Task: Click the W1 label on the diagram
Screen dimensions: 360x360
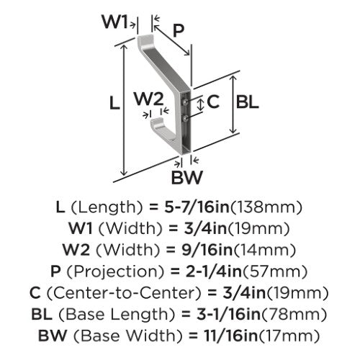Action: pyautogui.click(x=114, y=22)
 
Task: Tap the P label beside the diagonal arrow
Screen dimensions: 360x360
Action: pyautogui.click(x=179, y=30)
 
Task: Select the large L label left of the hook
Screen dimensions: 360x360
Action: pyautogui.click(x=114, y=104)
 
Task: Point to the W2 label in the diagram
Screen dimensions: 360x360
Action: pyautogui.click(x=149, y=99)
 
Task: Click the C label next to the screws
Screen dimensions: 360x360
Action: pyautogui.click(x=213, y=102)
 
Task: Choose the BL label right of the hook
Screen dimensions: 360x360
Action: pyautogui.click(x=247, y=102)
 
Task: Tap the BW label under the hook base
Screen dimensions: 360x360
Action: pyautogui.click(x=187, y=177)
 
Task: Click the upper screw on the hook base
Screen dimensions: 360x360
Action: pyautogui.click(x=185, y=102)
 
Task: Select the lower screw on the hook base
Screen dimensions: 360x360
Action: pyautogui.click(x=185, y=118)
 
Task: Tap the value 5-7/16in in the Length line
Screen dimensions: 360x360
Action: pyautogui.click(x=197, y=207)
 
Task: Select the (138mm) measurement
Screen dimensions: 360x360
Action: pyautogui.click(x=266, y=207)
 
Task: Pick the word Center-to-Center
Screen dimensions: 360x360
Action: pyautogui.click(x=123, y=293)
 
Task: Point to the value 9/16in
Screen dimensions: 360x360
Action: pyautogui.click(x=207, y=250)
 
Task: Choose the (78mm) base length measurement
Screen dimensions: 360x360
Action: pyautogui.click(x=294, y=315)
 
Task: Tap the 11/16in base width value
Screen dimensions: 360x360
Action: pyautogui.click(x=231, y=336)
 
